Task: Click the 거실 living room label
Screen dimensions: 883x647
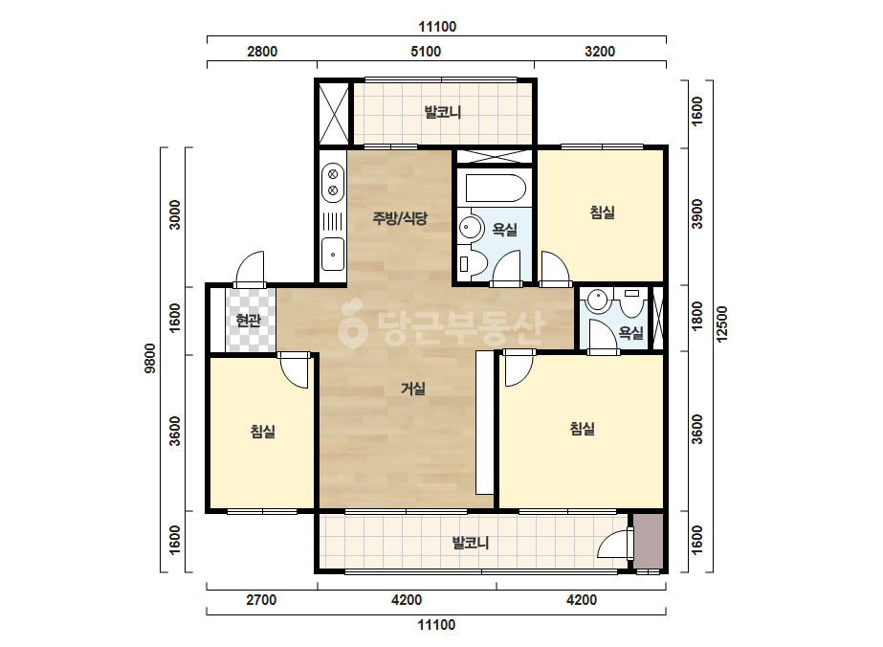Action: pos(412,389)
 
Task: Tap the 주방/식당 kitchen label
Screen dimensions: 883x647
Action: pos(400,217)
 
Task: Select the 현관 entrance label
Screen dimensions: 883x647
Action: pos(249,321)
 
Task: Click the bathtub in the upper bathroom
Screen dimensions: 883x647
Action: pos(496,188)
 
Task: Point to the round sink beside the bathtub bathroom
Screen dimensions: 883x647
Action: pos(471,228)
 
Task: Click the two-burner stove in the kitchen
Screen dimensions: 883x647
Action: pos(333,183)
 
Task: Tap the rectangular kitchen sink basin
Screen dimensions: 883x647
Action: pos(333,255)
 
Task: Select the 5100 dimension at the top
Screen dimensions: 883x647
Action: pos(426,52)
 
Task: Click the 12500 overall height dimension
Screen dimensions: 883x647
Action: pos(722,323)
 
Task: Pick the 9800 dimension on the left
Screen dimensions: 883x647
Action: pos(150,359)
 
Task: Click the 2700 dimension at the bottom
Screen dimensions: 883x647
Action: pos(261,600)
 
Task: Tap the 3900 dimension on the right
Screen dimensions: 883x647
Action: pos(697,214)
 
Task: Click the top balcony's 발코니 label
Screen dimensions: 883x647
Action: pos(443,112)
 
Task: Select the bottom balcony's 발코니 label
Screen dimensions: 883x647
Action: pos(471,543)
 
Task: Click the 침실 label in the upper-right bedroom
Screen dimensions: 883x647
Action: pos(602,212)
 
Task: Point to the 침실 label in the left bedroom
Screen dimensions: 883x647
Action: pos(262,432)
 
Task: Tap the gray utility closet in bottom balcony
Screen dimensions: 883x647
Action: pos(648,541)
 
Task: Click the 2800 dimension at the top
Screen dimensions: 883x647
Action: pos(262,52)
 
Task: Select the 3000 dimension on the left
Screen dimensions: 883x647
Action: pos(175,214)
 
